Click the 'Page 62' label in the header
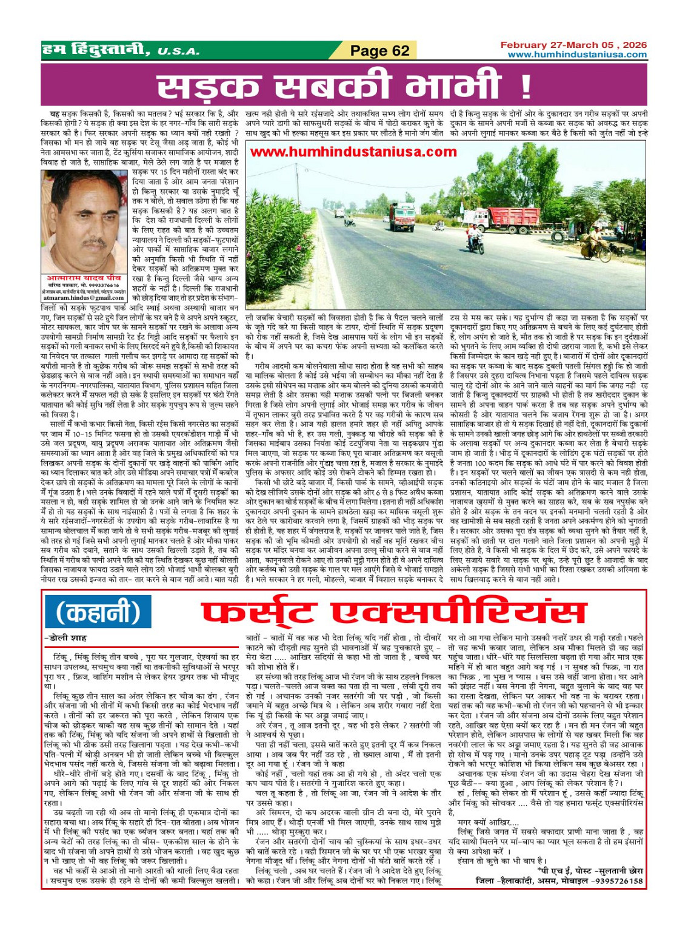(x=379, y=51)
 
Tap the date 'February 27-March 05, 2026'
(x=573, y=45)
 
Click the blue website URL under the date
(x=577, y=55)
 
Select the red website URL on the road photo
(x=345, y=152)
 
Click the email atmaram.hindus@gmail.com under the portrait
(x=84, y=298)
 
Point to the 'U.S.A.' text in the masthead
(x=178, y=52)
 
